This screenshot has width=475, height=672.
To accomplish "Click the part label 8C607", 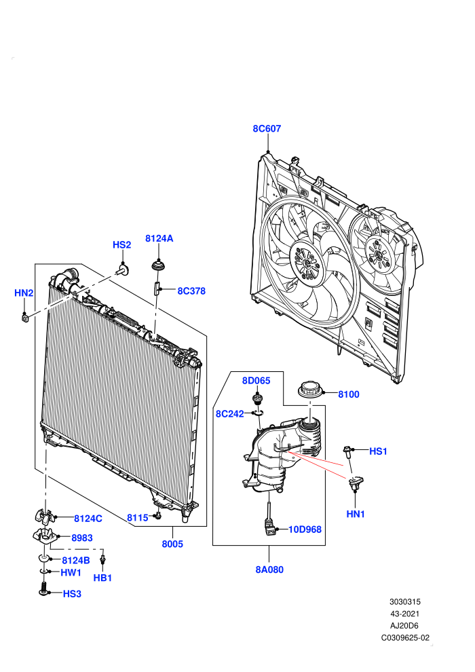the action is coord(267,128).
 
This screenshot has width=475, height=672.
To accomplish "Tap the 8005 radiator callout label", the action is coord(172,544).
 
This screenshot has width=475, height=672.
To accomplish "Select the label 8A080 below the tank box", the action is coord(269,570).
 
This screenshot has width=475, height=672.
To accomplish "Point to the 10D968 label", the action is coord(305,529).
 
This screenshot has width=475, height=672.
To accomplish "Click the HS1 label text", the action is coord(378,451).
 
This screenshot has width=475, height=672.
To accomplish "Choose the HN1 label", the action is coord(356,514).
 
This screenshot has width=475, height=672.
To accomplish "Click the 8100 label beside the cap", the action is coord(349,394).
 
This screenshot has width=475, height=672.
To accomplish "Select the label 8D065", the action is coord(256,381).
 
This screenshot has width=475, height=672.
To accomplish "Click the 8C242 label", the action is coord(229,414).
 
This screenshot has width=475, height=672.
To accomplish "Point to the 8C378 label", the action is coord(191,291).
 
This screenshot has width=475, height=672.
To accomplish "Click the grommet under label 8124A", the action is coord(159,265).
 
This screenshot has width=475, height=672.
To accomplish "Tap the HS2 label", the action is coord(121,245).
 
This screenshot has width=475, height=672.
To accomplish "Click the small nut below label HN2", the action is coord(25,318).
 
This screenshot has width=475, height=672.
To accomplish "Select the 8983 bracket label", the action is coord(82,538).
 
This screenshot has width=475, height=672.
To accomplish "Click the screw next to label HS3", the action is coord(43,588).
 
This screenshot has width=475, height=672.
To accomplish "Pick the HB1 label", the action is coord(102,578).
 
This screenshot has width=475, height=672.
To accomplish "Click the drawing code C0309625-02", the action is coord(405,637).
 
